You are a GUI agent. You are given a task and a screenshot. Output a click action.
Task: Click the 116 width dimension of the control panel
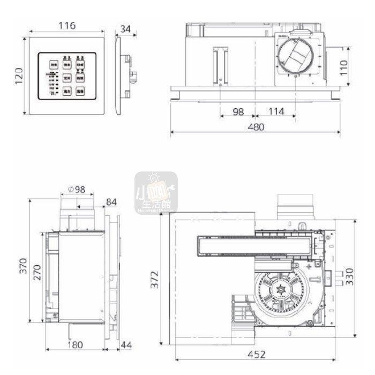[x=67, y=25]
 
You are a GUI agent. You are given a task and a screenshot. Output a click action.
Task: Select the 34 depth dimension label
[x=125, y=28]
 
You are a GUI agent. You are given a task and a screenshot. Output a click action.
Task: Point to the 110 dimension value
[x=344, y=66]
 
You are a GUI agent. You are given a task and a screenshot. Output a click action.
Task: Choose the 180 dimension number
[x=76, y=344]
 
